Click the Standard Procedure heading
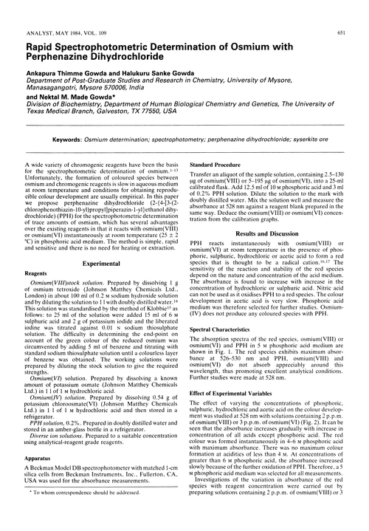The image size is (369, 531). coord(219,165)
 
